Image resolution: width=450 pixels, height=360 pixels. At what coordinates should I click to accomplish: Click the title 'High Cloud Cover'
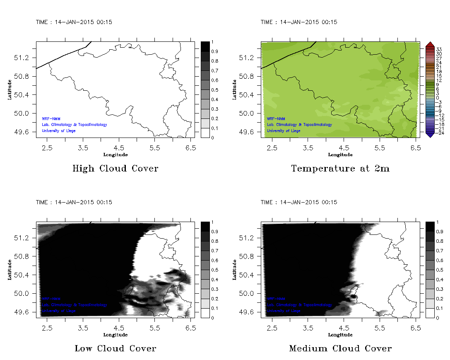pyautogui.click(x=115, y=169)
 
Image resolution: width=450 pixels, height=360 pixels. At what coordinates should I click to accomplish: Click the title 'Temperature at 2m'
pyautogui.click(x=340, y=169)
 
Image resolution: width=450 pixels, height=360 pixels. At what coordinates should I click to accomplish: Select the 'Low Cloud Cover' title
pyautogui.click(x=115, y=348)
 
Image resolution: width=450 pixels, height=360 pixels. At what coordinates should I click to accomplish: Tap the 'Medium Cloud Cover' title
pyautogui.click(x=340, y=348)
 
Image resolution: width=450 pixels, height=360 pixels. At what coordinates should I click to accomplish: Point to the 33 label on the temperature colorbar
pyautogui.click(x=439, y=49)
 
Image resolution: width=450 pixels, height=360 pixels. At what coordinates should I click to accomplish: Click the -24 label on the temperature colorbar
pyautogui.click(x=439, y=133)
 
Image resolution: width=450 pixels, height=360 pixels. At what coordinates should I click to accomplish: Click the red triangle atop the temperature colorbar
pyautogui.click(x=429, y=44)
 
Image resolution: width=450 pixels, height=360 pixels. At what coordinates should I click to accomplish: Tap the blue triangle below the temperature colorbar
pyautogui.click(x=429, y=134)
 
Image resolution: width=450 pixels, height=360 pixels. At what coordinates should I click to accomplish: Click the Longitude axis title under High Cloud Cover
pyautogui.click(x=115, y=155)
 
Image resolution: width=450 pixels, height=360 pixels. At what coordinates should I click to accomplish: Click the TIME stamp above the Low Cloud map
pyautogui.click(x=74, y=203)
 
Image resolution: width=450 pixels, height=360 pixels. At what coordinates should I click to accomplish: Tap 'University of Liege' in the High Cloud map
pyautogui.click(x=59, y=131)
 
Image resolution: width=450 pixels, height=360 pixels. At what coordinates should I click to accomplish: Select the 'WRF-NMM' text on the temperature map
pyautogui.click(x=276, y=119)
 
